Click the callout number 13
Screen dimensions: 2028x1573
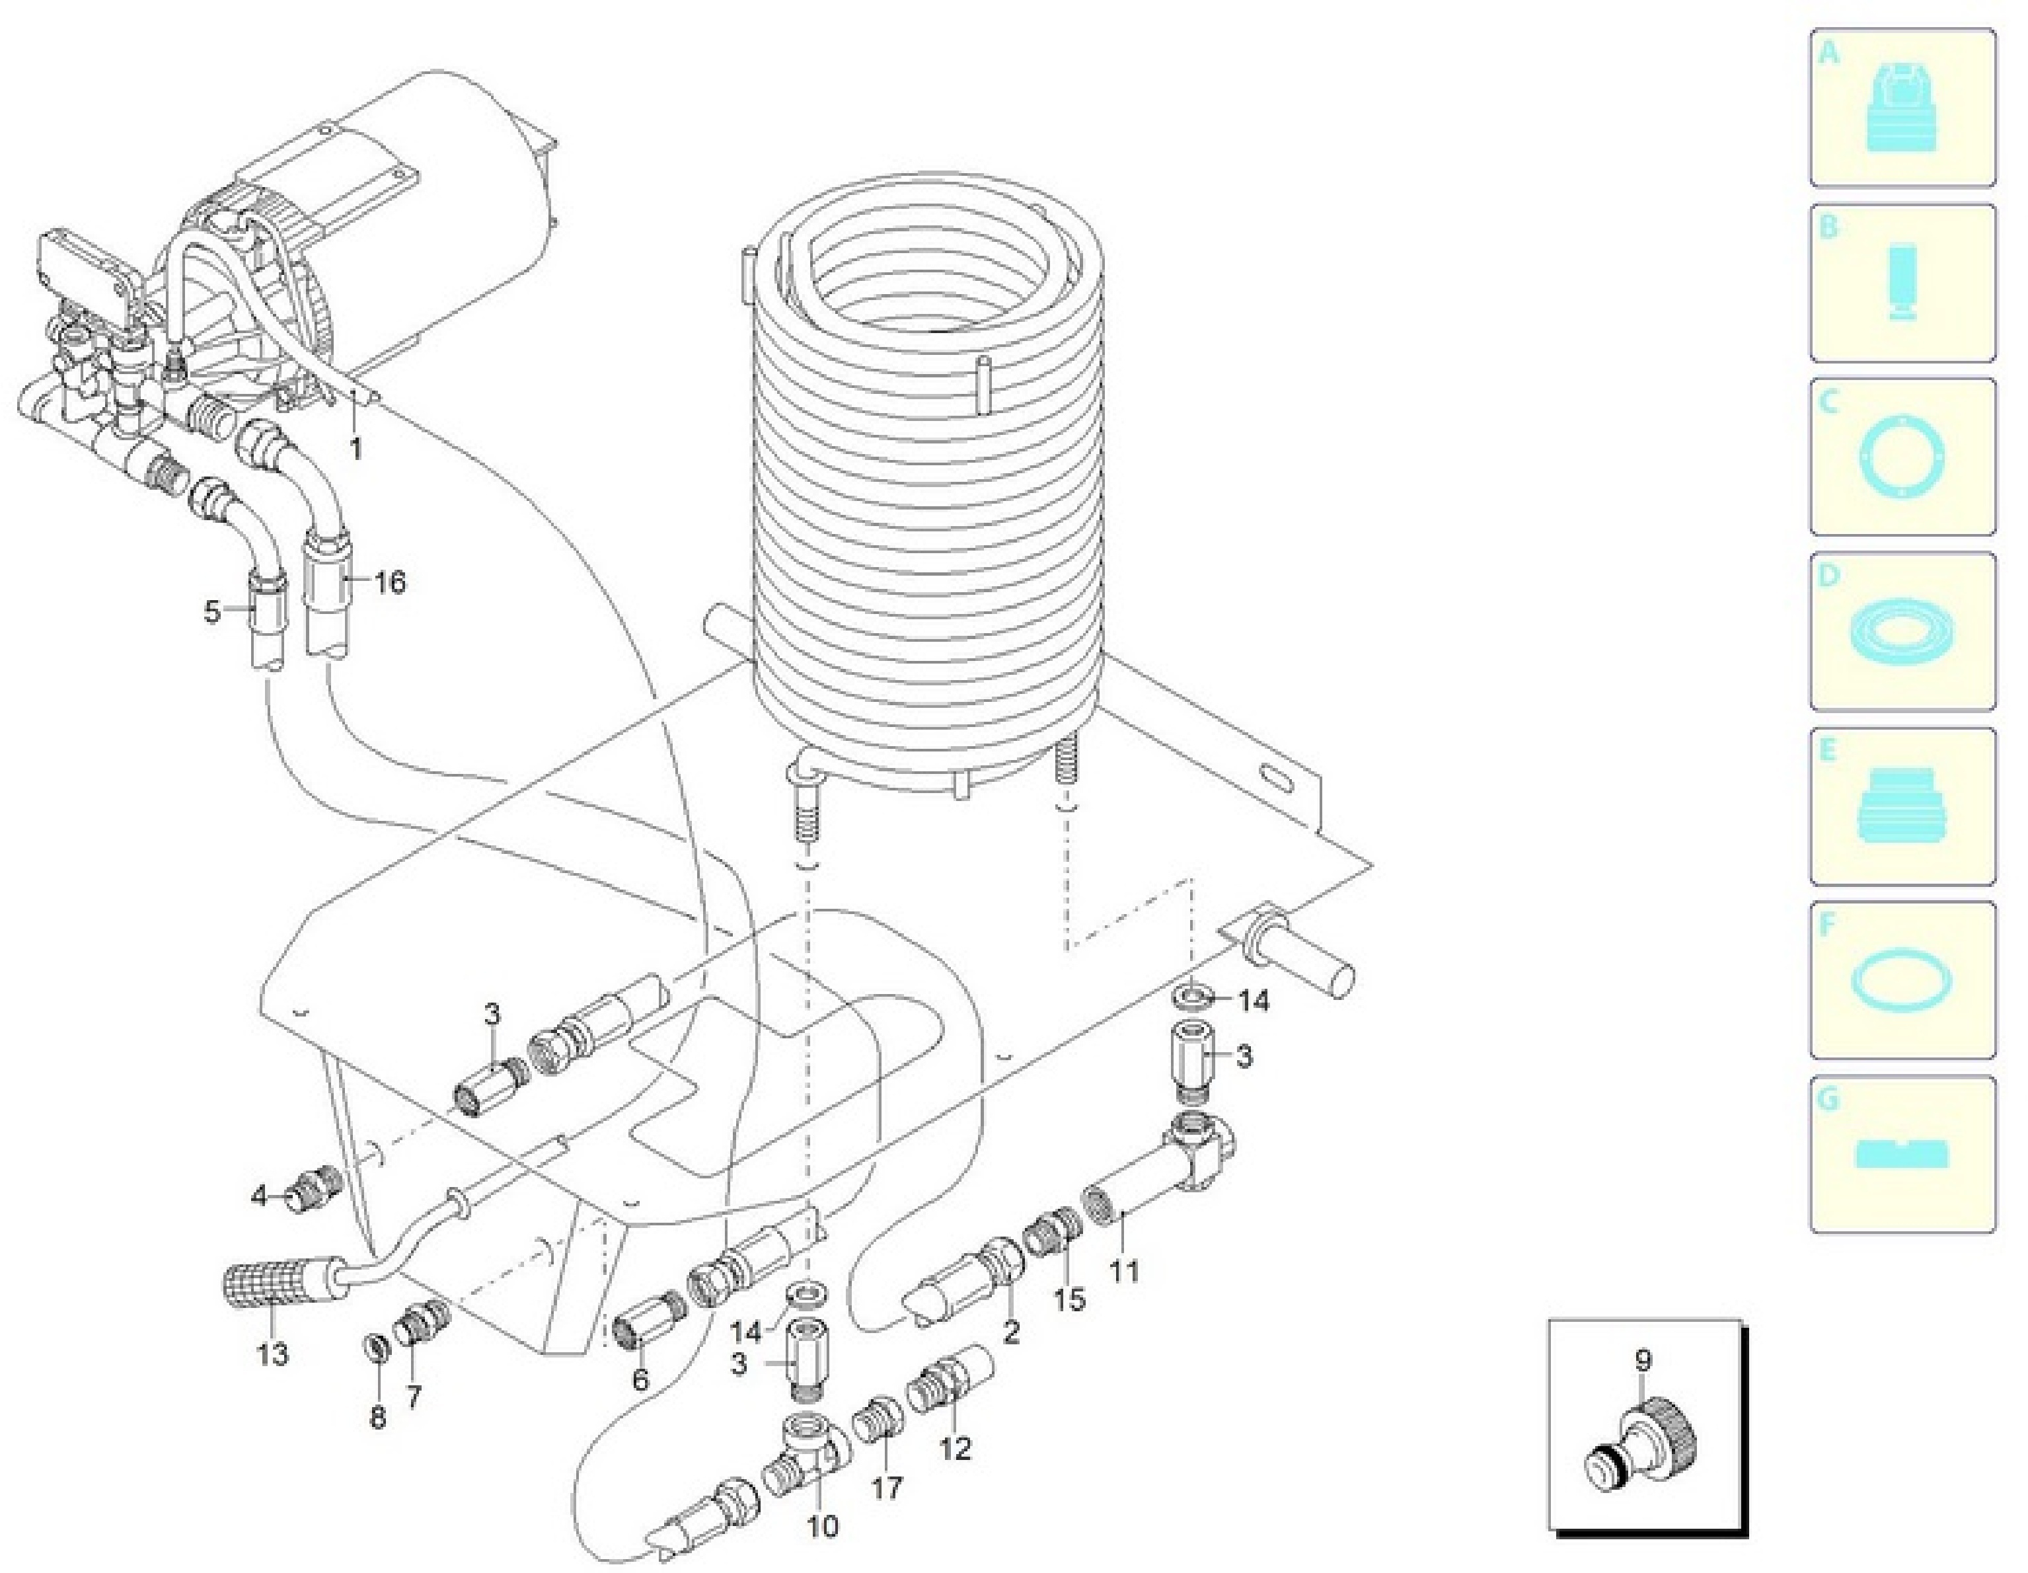[x=272, y=1354]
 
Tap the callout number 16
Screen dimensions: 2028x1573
[x=390, y=582]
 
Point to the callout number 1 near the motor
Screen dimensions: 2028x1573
[x=355, y=449]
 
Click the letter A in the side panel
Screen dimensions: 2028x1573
[x=1827, y=53]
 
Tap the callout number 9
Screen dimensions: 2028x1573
[x=1643, y=1362]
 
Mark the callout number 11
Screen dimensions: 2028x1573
[x=1125, y=1270]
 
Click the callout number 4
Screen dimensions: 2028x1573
[x=259, y=1196]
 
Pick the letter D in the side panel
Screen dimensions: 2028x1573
[x=1827, y=576]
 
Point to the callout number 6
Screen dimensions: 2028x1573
[x=640, y=1380]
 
